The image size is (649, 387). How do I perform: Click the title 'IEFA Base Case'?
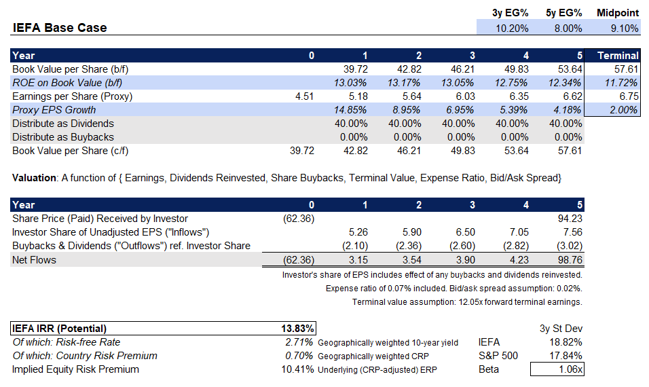coord(60,28)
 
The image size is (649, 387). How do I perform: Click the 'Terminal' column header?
coord(618,56)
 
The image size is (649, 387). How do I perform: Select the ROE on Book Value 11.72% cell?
coord(623,83)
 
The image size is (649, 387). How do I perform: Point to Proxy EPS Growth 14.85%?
coord(352,110)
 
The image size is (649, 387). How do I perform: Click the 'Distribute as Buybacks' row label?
coord(63,137)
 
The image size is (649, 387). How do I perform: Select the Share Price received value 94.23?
coord(569,219)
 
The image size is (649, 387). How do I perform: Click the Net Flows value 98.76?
coord(569,259)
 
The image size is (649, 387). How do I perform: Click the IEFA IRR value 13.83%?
coord(297,329)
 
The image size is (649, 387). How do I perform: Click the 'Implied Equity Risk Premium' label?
coord(75,369)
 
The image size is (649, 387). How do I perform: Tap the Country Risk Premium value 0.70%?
coord(299,356)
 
